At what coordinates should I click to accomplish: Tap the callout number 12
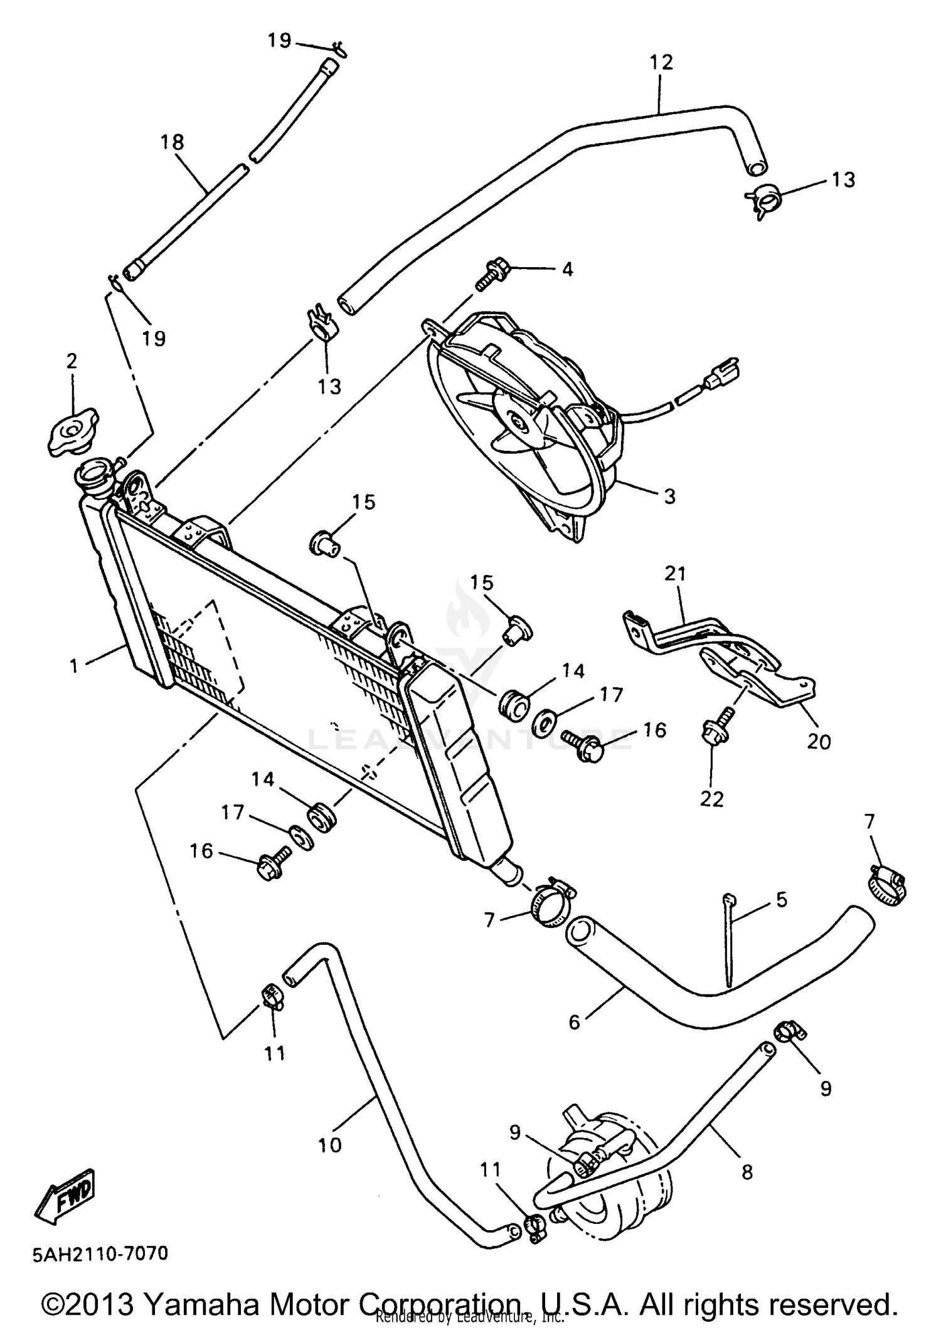[661, 62]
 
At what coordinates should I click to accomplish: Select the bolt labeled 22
[714, 729]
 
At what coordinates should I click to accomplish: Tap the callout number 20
[819, 741]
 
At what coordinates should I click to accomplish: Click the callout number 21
[676, 574]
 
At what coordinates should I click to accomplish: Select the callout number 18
[172, 142]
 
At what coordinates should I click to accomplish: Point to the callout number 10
[330, 1145]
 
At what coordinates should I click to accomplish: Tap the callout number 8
[747, 1171]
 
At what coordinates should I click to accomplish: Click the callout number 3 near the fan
[669, 497]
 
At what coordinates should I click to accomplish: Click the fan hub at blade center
[518, 421]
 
